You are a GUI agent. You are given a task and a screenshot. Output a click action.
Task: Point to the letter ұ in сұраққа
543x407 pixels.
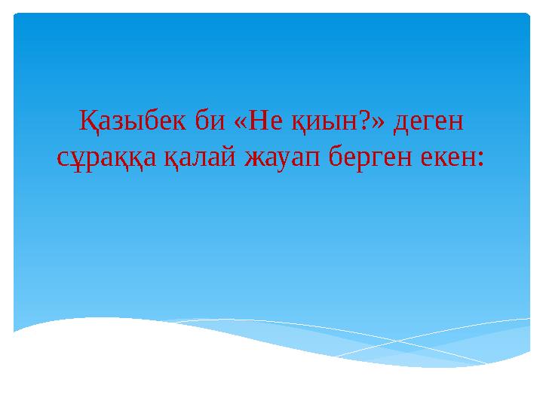pyautogui.click(x=78, y=158)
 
